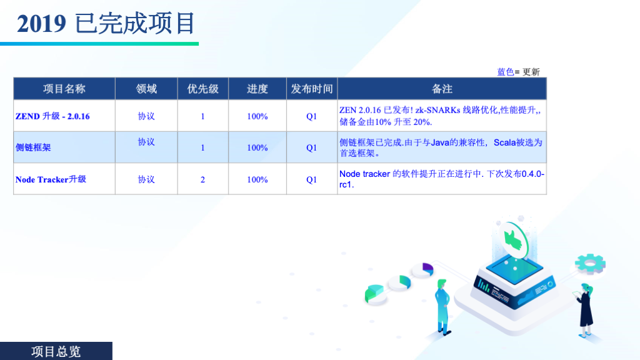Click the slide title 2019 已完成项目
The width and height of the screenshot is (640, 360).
coord(106,24)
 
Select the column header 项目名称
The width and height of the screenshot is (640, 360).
coord(64,89)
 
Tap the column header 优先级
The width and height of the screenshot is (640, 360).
coord(203,89)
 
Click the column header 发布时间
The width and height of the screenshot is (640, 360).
coord(312,89)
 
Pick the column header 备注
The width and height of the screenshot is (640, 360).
coord(442,89)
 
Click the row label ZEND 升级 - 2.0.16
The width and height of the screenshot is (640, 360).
coord(52,116)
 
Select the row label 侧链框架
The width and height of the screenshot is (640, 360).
coord(33,147)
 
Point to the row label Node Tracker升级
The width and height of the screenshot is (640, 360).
coord(51,179)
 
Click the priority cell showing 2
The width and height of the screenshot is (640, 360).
coord(203,179)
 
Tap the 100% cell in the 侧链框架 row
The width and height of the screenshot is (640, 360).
coord(257,147)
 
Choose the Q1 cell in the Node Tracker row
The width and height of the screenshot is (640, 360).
coord(311,179)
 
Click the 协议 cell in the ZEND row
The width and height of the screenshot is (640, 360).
coord(146,116)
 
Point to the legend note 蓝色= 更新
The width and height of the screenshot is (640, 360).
coord(518,72)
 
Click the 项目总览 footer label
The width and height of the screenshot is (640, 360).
coord(56,351)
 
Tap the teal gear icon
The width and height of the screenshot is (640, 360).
coord(590,263)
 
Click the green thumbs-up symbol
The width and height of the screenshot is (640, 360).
coord(512,239)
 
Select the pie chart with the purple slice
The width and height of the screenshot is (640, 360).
coord(423,270)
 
